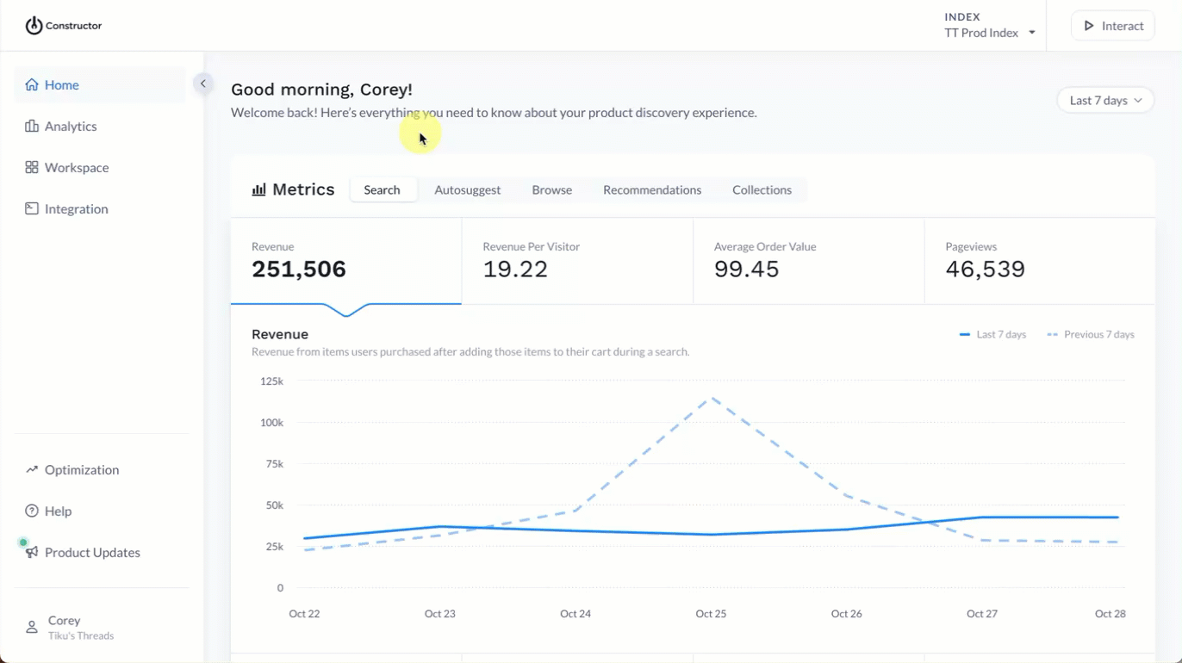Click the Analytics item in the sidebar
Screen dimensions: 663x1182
pos(70,127)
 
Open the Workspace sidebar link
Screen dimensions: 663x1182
pos(76,168)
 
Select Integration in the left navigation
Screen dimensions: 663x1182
pos(76,209)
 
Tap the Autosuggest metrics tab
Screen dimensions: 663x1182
pos(467,190)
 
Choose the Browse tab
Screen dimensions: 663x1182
pos(551,190)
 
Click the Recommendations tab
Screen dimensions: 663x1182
pos(651,190)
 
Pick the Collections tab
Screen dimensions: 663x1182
pos(762,190)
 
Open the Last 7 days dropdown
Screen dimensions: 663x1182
pos(1105,101)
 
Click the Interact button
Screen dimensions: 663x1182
pos(1113,26)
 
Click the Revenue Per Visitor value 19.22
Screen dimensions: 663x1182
pos(515,270)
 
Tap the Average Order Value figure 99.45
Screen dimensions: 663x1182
pos(746,270)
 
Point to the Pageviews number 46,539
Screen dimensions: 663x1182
pos(985,270)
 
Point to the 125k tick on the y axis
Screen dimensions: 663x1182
pos(271,381)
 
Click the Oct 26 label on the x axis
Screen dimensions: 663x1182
pos(846,614)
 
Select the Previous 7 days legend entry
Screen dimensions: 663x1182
pos(1091,335)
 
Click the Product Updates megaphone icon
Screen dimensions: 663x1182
pos(32,553)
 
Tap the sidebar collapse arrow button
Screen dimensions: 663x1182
pos(203,84)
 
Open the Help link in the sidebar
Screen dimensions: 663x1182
pos(58,511)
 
